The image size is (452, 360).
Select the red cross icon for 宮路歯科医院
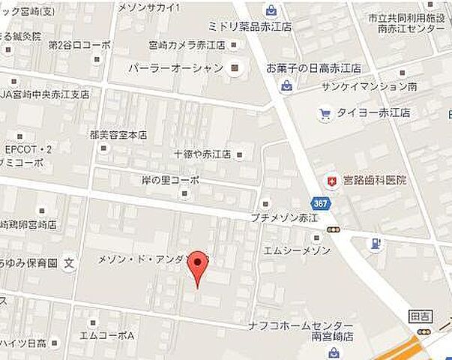[330, 181]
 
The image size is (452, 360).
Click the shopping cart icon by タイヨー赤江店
[324, 114]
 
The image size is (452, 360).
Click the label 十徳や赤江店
[202, 154]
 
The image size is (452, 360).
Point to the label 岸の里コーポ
[170, 180]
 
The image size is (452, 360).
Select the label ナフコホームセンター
[301, 325]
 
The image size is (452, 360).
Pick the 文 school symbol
[68, 262]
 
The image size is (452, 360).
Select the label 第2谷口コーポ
[79, 45]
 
